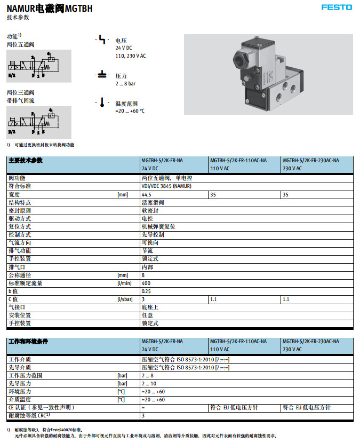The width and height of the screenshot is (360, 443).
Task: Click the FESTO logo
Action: [x=337, y=7]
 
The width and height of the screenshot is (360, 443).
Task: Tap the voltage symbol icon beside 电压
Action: [x=102, y=40]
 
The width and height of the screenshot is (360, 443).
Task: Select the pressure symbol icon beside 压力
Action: [x=102, y=75]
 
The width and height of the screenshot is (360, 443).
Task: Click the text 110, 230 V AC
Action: [x=131, y=56]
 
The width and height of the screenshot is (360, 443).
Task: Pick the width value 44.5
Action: [x=146, y=194]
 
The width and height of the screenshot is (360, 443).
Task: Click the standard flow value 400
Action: [x=146, y=283]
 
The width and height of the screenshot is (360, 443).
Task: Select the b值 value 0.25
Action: [x=147, y=291]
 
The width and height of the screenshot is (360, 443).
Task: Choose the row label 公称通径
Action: [x=20, y=275]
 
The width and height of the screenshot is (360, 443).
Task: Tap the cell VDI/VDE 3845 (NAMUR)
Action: [x=166, y=186]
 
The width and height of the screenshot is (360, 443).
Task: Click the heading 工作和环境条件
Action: [x=28, y=342]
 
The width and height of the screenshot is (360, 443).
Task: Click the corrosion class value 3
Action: [x=143, y=415]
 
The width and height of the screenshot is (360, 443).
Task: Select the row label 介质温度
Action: [x=20, y=399]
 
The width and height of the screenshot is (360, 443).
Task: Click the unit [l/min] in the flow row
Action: [x=124, y=283]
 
